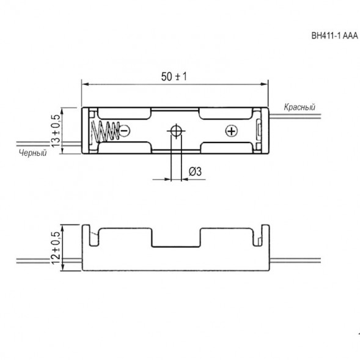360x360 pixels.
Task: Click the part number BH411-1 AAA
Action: click(x=334, y=35)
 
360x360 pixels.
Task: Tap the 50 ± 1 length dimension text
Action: click(x=174, y=76)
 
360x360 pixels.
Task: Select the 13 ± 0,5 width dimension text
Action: click(x=56, y=131)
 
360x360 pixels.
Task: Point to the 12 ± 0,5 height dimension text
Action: click(x=56, y=248)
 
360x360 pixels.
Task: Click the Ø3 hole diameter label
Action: click(x=195, y=172)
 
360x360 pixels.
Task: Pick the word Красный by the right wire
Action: click(x=299, y=107)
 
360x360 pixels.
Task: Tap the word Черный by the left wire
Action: click(x=33, y=153)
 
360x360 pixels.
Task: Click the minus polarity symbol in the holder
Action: click(x=125, y=131)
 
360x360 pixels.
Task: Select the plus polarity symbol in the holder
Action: click(x=231, y=131)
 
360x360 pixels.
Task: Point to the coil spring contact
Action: click(x=105, y=131)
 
